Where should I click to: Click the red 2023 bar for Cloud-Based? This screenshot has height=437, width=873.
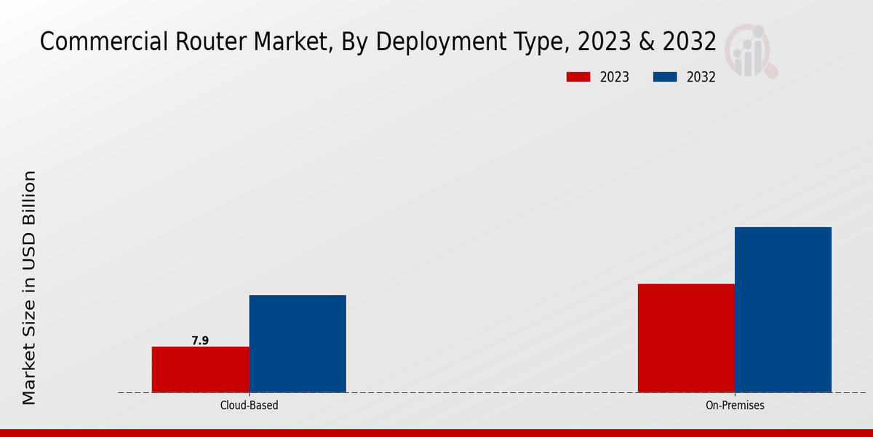(x=200, y=369)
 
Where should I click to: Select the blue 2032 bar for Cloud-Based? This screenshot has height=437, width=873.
(x=298, y=344)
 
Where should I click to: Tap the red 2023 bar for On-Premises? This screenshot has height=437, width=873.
(x=686, y=338)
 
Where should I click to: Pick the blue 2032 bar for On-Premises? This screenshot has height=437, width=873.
(x=783, y=310)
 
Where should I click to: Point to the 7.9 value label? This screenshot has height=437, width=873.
(x=200, y=340)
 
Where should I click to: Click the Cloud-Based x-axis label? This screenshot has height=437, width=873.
(x=249, y=405)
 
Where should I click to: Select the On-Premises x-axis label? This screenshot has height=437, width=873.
(x=735, y=405)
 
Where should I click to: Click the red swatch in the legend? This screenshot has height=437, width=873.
(x=578, y=77)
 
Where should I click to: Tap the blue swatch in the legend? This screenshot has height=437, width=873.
(x=666, y=77)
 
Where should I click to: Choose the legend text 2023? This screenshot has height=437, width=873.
(x=615, y=77)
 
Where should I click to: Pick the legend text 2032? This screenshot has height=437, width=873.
(x=701, y=77)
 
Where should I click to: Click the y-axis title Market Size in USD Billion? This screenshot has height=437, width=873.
(x=29, y=288)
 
